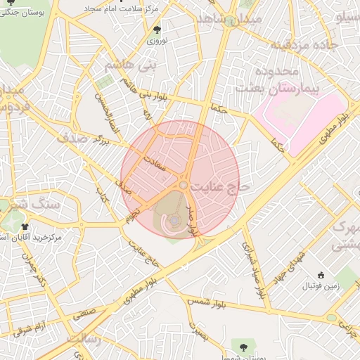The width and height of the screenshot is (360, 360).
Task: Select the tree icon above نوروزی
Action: click(x=157, y=30)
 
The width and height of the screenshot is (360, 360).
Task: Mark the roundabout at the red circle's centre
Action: click(x=183, y=184)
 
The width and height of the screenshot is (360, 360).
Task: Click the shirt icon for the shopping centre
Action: click(x=25, y=226)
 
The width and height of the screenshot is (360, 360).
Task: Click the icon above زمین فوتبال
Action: click(x=322, y=275)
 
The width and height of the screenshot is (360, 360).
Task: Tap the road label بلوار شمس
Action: click(x=207, y=304)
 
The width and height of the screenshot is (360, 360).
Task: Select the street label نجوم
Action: click(x=130, y=214)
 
